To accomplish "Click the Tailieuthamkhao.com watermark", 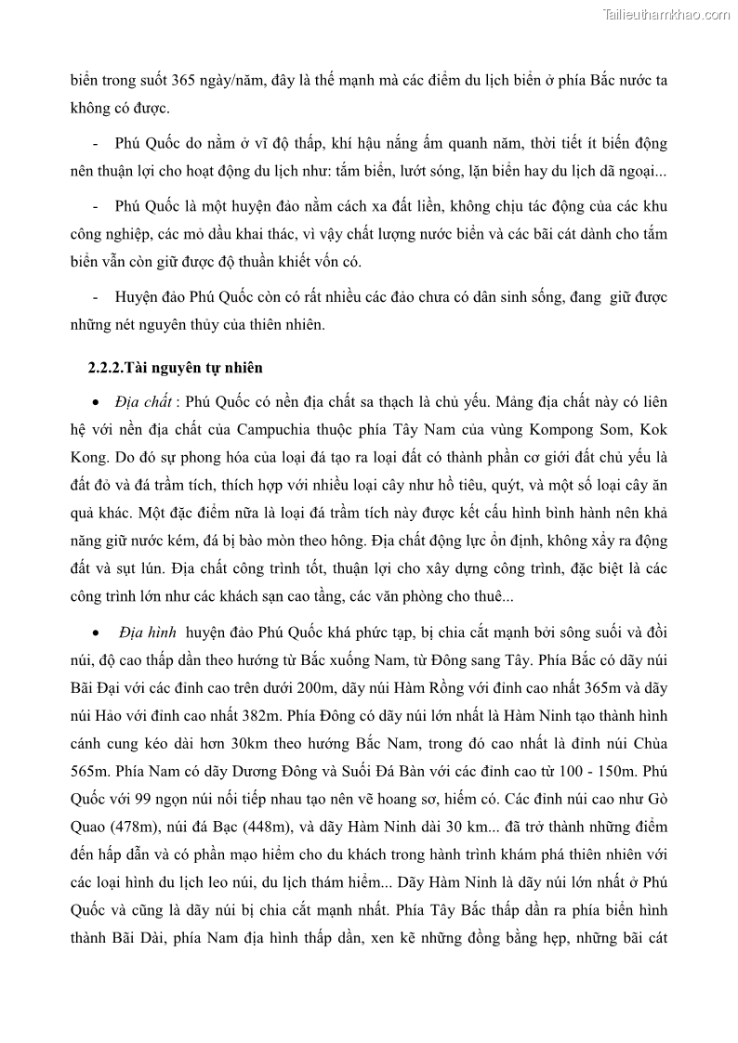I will click(666, 14).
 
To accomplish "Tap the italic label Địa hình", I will click(147, 632).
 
